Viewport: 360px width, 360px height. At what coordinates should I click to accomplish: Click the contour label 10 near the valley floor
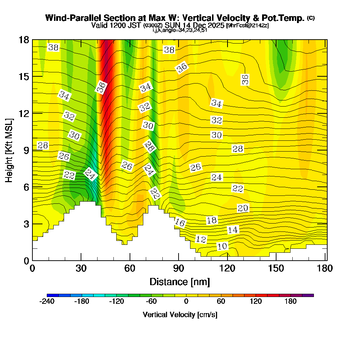coord(222,246)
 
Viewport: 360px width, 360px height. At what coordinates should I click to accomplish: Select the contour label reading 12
coord(201,239)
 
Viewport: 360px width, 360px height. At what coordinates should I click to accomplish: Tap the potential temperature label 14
coord(233,230)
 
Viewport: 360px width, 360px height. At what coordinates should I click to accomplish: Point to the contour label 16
coord(180,223)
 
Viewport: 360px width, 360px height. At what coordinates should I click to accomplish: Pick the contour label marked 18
coord(212,220)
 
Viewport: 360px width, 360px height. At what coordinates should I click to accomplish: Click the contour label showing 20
coord(243,208)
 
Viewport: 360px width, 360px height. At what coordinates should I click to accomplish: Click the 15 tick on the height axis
coord(23,76)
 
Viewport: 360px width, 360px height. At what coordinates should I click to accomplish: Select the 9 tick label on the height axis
coord(26,150)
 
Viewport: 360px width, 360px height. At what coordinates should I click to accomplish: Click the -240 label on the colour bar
coord(46,301)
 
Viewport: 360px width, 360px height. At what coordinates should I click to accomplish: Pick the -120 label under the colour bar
coord(116,301)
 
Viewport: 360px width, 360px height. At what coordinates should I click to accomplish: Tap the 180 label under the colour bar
coord(290,301)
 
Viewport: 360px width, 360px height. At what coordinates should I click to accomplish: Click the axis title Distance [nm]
coord(180,281)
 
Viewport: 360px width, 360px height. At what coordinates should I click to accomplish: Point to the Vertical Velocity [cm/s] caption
coord(180,315)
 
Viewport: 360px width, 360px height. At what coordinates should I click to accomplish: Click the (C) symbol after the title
coord(311,18)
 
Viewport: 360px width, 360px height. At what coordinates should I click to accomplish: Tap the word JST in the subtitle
coord(136,26)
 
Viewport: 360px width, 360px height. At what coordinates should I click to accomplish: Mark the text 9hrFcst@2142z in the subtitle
coord(247,26)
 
